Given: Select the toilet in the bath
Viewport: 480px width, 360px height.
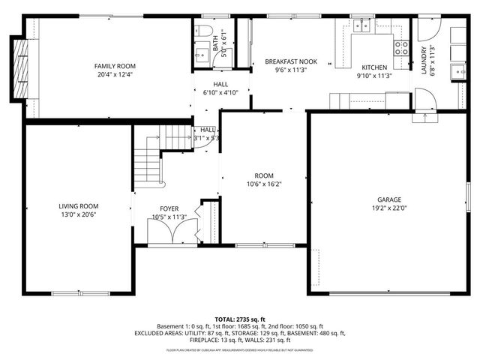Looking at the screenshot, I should click(202, 31).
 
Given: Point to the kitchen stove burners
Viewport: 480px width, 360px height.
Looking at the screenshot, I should click(401, 48).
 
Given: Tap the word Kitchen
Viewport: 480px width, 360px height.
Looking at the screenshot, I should click(373, 67).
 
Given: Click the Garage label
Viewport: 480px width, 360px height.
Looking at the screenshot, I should click(388, 199).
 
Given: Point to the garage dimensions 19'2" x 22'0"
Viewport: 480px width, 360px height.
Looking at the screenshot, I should click(388, 208).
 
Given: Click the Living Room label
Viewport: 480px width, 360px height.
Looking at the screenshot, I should click(79, 205).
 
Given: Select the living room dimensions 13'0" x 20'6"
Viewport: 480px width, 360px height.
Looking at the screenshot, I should click(79, 214).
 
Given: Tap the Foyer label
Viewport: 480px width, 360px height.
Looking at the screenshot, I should click(169, 208).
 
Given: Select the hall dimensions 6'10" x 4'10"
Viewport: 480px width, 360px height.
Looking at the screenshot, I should click(220, 93).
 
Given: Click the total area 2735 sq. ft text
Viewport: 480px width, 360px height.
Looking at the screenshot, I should click(240, 319).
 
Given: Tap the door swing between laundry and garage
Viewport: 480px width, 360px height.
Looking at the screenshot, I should click(424, 99).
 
